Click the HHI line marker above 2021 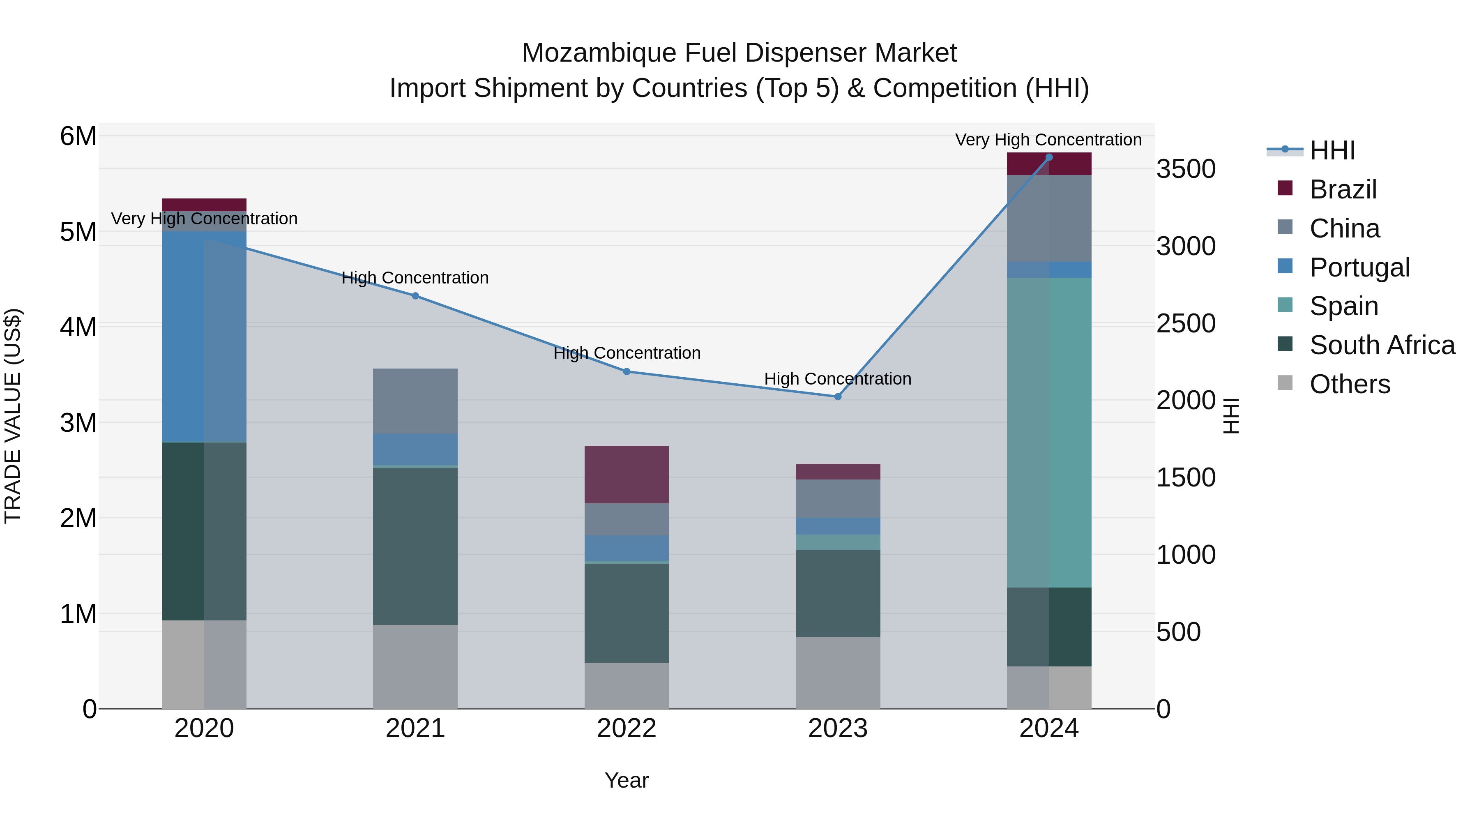tap(415, 296)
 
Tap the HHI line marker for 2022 tap(627, 371)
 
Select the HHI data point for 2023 tap(838, 397)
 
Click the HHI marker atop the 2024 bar tap(1049, 157)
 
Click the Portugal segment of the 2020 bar tap(204, 336)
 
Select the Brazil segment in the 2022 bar tap(627, 474)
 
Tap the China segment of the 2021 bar tap(415, 401)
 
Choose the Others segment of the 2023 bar tap(838, 672)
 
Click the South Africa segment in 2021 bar tap(415, 546)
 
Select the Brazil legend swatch tap(1285, 188)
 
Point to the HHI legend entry tap(1332, 150)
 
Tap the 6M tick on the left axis tap(78, 137)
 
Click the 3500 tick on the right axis tap(1186, 169)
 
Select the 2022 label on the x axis tap(627, 728)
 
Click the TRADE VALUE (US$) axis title tap(13, 416)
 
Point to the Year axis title tap(627, 780)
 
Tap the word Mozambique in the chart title tap(599, 53)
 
